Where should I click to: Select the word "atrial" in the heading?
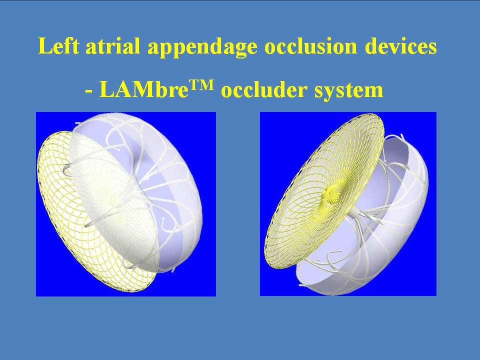click(x=112, y=46)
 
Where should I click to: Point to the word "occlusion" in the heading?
click(x=310, y=46)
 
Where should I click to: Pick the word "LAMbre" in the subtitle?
click(x=144, y=89)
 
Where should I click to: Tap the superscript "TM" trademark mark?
click(x=201, y=85)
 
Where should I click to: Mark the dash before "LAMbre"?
click(x=89, y=91)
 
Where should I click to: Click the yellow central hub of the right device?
click(x=330, y=194)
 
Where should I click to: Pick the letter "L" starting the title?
click(x=44, y=46)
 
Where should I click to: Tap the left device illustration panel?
click(x=126, y=204)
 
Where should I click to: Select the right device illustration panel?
click(x=348, y=204)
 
